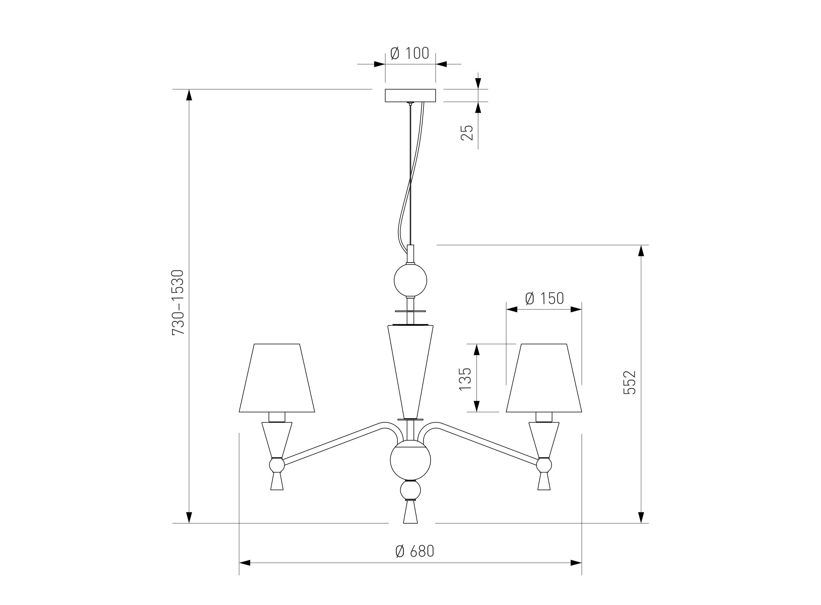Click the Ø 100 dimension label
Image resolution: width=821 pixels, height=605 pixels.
[x=409, y=54]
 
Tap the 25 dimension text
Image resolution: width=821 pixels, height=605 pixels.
[x=467, y=132]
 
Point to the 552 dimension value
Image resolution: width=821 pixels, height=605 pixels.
[x=630, y=382]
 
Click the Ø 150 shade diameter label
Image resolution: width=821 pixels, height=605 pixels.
[x=545, y=299]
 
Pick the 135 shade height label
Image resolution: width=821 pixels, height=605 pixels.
[x=465, y=379]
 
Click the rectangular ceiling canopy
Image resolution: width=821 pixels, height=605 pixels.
[x=410, y=96]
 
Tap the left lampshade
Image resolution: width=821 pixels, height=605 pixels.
[x=277, y=378]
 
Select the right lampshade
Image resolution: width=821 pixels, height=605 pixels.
[x=544, y=378]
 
